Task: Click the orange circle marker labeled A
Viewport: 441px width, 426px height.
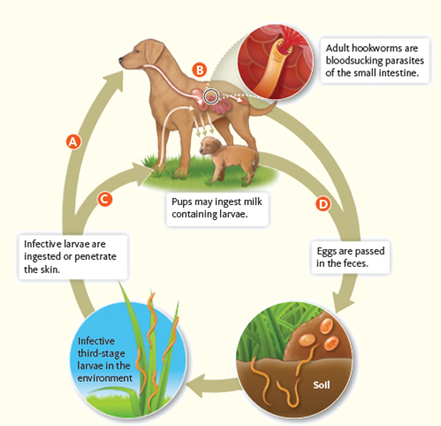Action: (74, 141)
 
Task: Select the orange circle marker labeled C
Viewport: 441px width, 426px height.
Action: (104, 199)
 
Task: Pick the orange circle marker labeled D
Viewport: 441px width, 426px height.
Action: (323, 204)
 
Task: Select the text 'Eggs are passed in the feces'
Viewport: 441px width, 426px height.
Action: (354, 256)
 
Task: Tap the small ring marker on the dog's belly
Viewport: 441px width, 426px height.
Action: (211, 95)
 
